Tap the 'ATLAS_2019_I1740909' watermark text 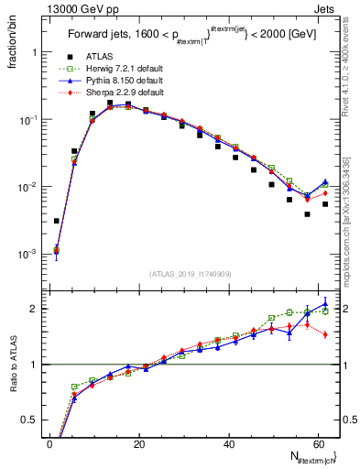click(x=189, y=274)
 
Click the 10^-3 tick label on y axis click(x=27, y=254)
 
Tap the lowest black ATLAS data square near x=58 click(x=308, y=214)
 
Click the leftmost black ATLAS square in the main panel click(x=57, y=221)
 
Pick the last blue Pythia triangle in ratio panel click(x=325, y=304)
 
